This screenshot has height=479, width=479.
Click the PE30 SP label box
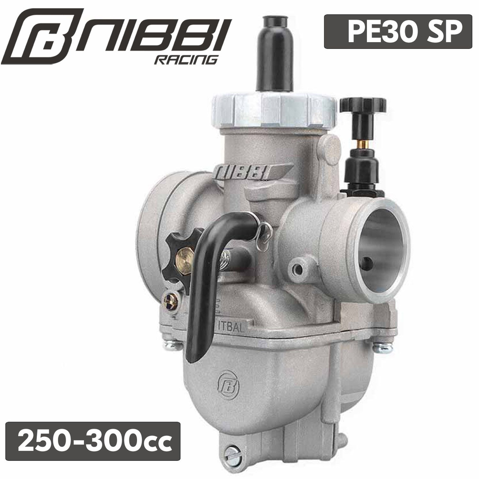398,32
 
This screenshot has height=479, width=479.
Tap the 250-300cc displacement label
93,441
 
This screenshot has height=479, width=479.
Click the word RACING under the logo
186,59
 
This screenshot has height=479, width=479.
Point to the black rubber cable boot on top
274,54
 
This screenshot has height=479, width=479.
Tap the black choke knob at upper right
363,105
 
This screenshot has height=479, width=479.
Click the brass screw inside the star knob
183,260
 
